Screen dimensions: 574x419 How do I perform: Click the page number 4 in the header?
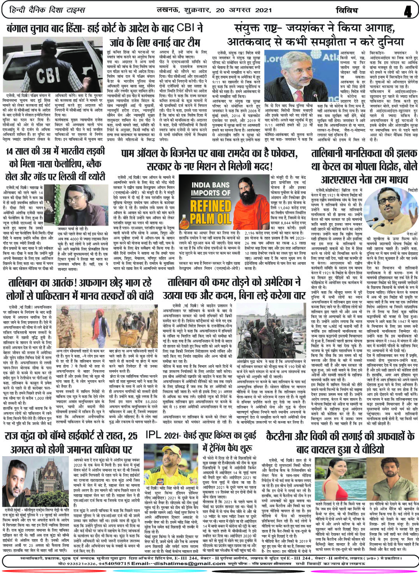click(x=408, y=11)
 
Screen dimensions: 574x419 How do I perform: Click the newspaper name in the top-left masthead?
click(x=46, y=9)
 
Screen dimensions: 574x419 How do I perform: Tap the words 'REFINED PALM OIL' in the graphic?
click(x=210, y=212)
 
